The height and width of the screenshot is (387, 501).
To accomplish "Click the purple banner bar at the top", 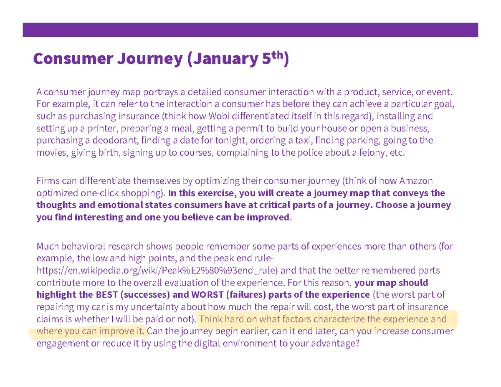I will click(250, 30).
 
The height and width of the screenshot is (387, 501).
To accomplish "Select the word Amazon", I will click(416, 181).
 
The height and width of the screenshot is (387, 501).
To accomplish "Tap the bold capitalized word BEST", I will click(107, 295).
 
